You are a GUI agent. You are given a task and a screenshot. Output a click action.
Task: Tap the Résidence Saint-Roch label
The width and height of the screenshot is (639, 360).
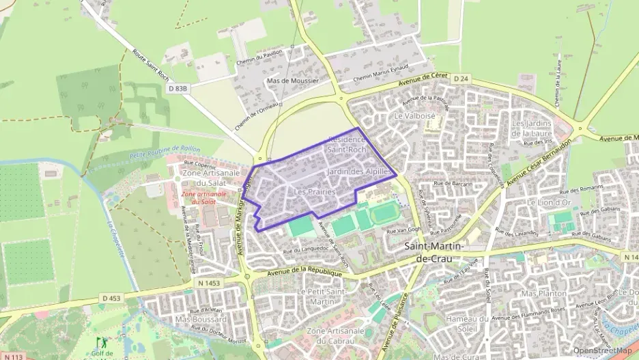click(x=347, y=144)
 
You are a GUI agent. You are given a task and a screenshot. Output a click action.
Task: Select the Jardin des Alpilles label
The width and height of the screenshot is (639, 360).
click(x=359, y=171)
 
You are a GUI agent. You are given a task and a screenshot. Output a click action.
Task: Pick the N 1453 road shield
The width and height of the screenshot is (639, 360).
click(x=211, y=281)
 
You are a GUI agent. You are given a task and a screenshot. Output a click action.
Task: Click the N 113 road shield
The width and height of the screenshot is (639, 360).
click(x=12, y=357)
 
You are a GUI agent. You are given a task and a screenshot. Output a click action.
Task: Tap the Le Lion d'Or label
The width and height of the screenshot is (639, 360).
click(x=548, y=203)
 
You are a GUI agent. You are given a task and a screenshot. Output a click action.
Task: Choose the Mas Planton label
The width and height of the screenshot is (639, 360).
click(x=543, y=293)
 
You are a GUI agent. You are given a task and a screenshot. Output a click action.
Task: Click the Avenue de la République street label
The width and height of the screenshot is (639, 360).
click(x=304, y=273)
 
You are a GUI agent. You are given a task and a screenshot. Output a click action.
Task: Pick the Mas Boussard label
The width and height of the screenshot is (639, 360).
click(x=201, y=319)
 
